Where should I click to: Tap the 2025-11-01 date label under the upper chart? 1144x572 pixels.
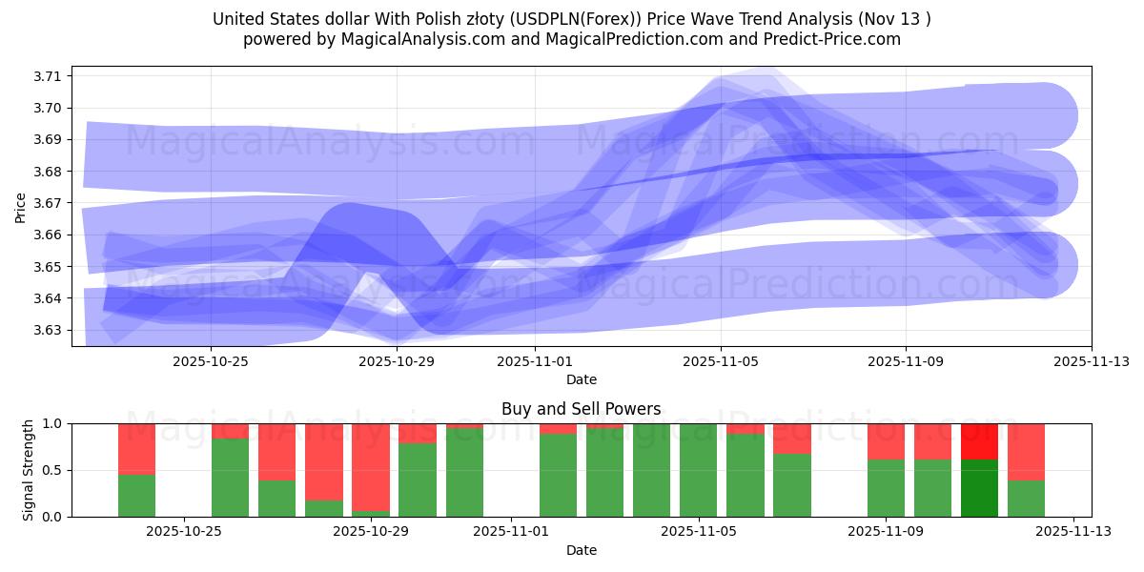pos(535,361)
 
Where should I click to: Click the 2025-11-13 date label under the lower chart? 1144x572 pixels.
pos(1074,532)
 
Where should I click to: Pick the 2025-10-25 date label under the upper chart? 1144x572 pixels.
pos(211,361)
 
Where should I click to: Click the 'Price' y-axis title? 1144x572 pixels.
pos(21,206)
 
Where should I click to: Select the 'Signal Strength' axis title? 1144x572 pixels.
pos(29,470)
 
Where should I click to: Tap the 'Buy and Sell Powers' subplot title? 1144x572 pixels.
pos(581,409)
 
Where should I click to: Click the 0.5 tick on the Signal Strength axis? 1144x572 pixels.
pos(52,470)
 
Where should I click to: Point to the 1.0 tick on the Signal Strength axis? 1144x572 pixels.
pos(52,423)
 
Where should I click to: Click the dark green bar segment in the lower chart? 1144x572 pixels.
pos(979,488)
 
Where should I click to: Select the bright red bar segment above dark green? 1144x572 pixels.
pos(979,441)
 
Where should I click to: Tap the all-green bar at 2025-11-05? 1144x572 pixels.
pos(698,470)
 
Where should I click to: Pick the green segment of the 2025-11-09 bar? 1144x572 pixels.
pos(886,488)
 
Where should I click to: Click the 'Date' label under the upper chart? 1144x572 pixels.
pos(581,379)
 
